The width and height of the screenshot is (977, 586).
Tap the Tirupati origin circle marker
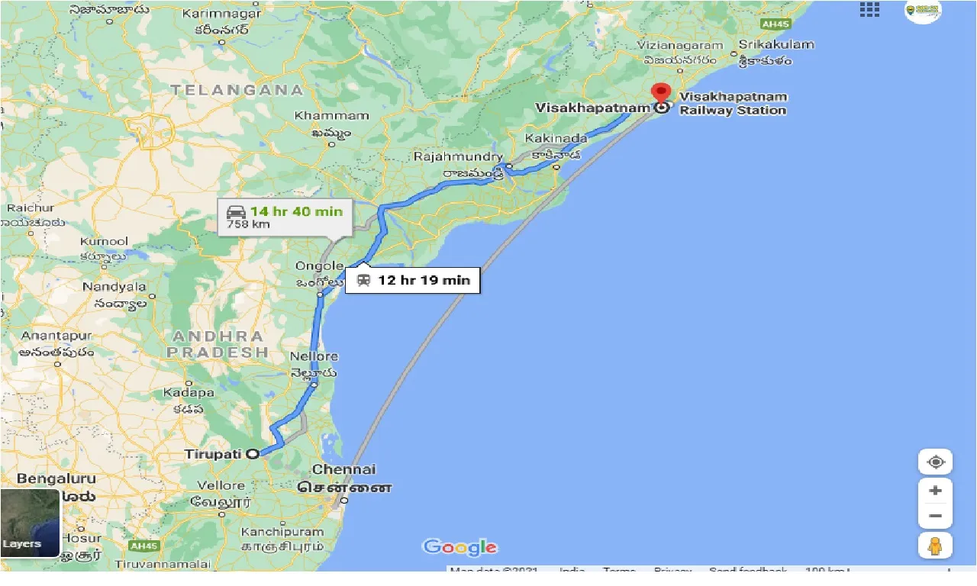pyautogui.click(x=253, y=454)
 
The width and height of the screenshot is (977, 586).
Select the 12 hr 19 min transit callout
pyautogui.click(x=413, y=280)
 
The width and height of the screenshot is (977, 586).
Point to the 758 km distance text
pyautogui.click(x=248, y=225)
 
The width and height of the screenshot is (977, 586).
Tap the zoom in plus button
pyautogui.click(x=935, y=491)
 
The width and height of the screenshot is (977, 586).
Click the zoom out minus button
pyautogui.click(x=935, y=516)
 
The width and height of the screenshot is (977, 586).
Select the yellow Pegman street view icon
pyautogui.click(x=935, y=546)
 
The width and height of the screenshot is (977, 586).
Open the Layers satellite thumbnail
pyautogui.click(x=30, y=523)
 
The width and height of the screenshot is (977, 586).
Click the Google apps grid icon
pyautogui.click(x=869, y=9)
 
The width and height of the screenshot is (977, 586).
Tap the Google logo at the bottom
pyautogui.click(x=459, y=547)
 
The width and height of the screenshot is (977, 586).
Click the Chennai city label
pyautogui.click(x=344, y=469)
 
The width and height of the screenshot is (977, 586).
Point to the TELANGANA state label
pyautogui.click(x=237, y=90)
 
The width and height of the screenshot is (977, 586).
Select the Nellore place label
pyautogui.click(x=314, y=356)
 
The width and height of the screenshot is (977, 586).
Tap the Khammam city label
pyautogui.click(x=332, y=116)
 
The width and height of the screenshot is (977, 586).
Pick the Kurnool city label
pyautogui.click(x=104, y=242)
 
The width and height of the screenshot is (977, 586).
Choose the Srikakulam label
pyautogui.click(x=776, y=44)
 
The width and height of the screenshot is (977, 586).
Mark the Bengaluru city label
pyautogui.click(x=56, y=479)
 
